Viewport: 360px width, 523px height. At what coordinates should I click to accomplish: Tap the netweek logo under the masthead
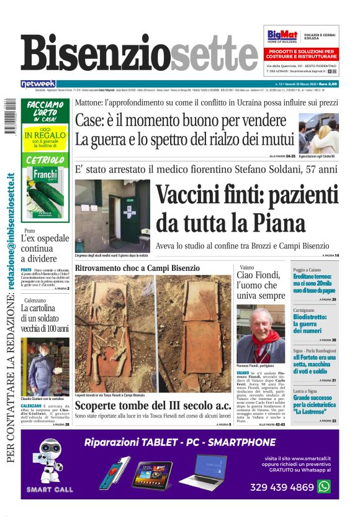[x=38, y=83]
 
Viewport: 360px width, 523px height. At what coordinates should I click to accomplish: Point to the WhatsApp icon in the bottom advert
[x=324, y=486]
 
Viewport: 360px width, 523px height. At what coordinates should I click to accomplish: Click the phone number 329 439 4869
[x=281, y=487]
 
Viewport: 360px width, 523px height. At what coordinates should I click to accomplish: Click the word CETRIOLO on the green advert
[x=45, y=160]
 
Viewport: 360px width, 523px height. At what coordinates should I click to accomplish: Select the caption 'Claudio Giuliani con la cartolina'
[x=45, y=398]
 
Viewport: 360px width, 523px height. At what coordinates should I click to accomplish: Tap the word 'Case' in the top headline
[x=89, y=121]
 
